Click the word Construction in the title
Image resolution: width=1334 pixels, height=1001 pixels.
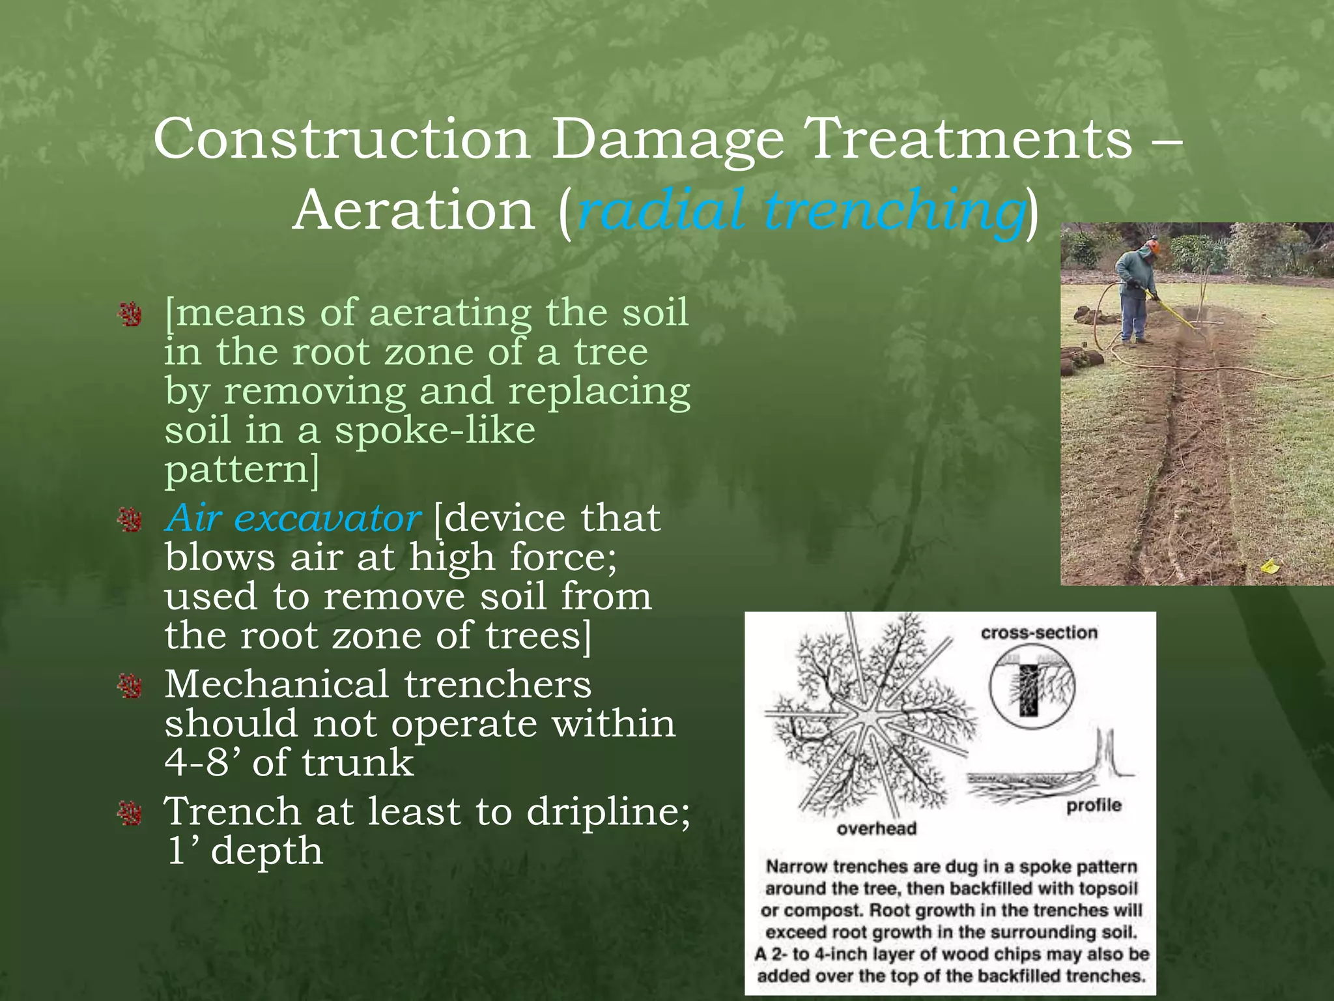click(x=341, y=139)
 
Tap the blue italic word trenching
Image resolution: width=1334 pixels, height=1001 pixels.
click(x=893, y=210)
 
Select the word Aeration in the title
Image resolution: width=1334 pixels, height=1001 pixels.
click(x=414, y=210)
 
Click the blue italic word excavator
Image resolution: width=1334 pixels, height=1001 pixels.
click(x=326, y=519)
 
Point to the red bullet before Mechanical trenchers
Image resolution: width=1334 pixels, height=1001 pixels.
click(x=130, y=686)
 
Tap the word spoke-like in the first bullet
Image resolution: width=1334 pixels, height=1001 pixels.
click(x=434, y=430)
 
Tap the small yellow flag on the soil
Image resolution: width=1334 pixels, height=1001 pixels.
click(x=1270, y=565)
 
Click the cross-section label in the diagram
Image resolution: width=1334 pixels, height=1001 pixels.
click(x=1039, y=633)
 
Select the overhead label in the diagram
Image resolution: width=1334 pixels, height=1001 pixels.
click(x=876, y=828)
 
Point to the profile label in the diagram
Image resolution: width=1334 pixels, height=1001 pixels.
click(x=1094, y=805)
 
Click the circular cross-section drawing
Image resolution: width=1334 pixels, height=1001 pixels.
click(x=1032, y=687)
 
